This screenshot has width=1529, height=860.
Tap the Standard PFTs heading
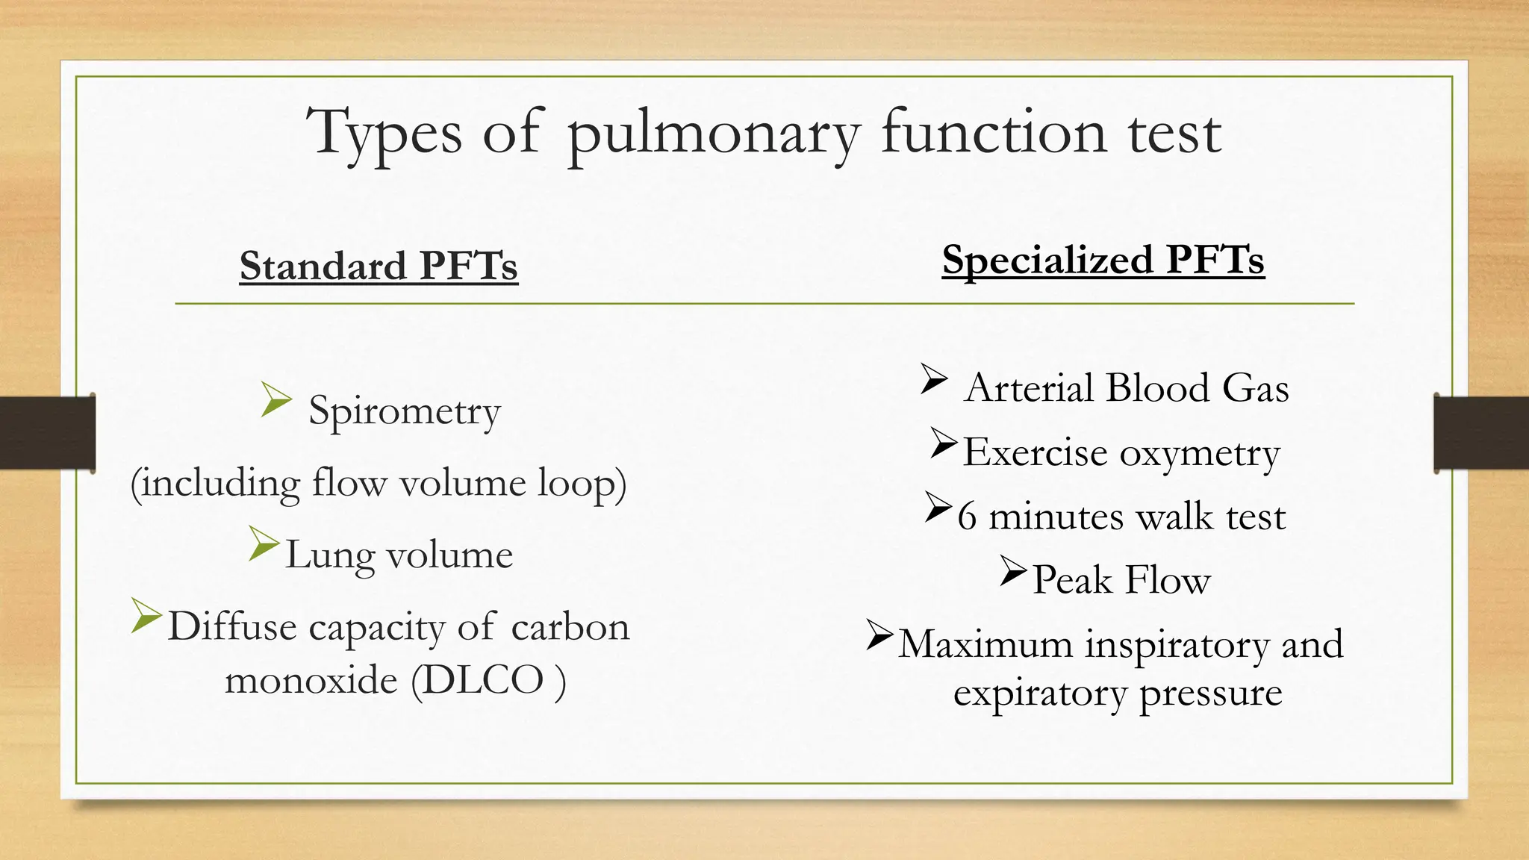(x=379, y=267)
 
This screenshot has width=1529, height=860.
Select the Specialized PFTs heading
(x=1103, y=261)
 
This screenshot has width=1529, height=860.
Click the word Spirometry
(x=404, y=411)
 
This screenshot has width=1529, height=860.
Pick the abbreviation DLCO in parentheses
(x=485, y=680)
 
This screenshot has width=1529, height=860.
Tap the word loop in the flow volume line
(x=576, y=483)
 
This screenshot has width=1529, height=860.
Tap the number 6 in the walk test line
(x=967, y=517)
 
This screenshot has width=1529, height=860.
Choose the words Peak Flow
(x=1121, y=580)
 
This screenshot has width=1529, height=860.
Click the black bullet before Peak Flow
(x=1014, y=571)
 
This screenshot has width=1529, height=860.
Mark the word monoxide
(x=311, y=680)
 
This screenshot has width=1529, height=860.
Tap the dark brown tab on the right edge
(x=1480, y=433)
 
